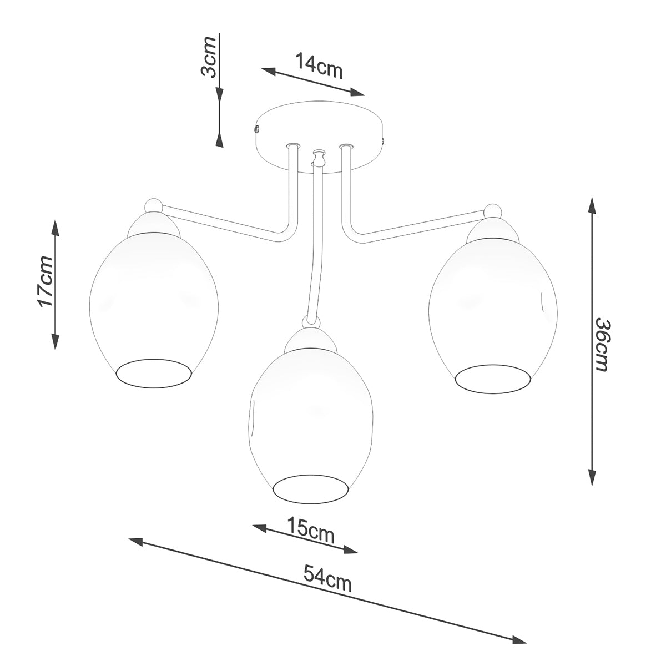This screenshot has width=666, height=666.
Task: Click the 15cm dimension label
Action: coord(311,529)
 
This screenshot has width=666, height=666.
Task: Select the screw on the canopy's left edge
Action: coord(256,129)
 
